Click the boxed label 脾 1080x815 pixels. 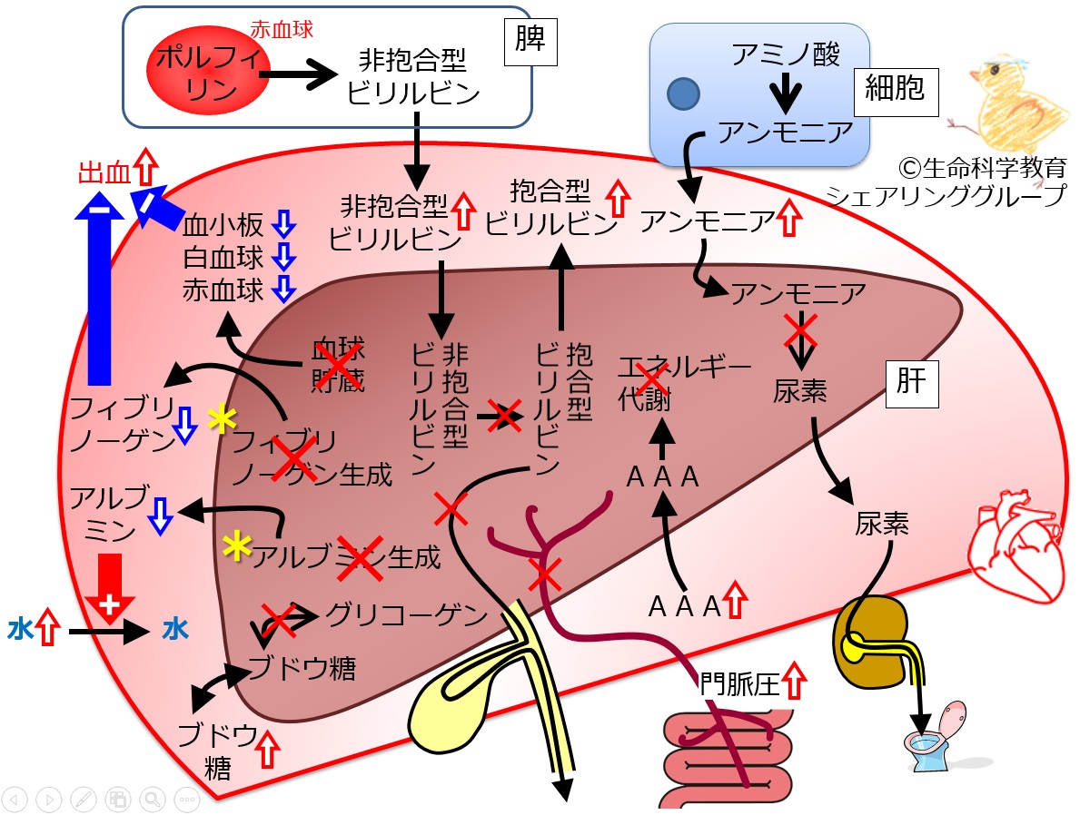530,41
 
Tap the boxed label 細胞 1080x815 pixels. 896,90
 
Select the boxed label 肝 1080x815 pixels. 911,383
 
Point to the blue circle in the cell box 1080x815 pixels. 683,93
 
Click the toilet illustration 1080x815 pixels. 936,737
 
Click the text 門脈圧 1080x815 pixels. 739,684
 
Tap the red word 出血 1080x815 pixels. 104,172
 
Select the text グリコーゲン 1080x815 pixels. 406,614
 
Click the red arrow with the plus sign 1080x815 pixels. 110,588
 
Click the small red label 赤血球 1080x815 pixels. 282,30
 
